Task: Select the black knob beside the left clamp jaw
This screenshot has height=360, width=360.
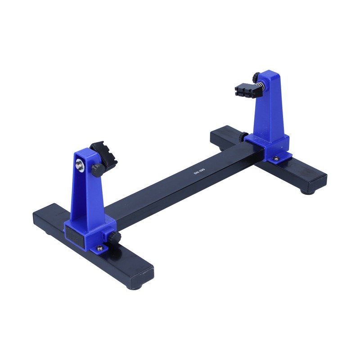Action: tap(96, 169)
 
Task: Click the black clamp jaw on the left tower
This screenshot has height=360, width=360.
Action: tap(104, 153)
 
